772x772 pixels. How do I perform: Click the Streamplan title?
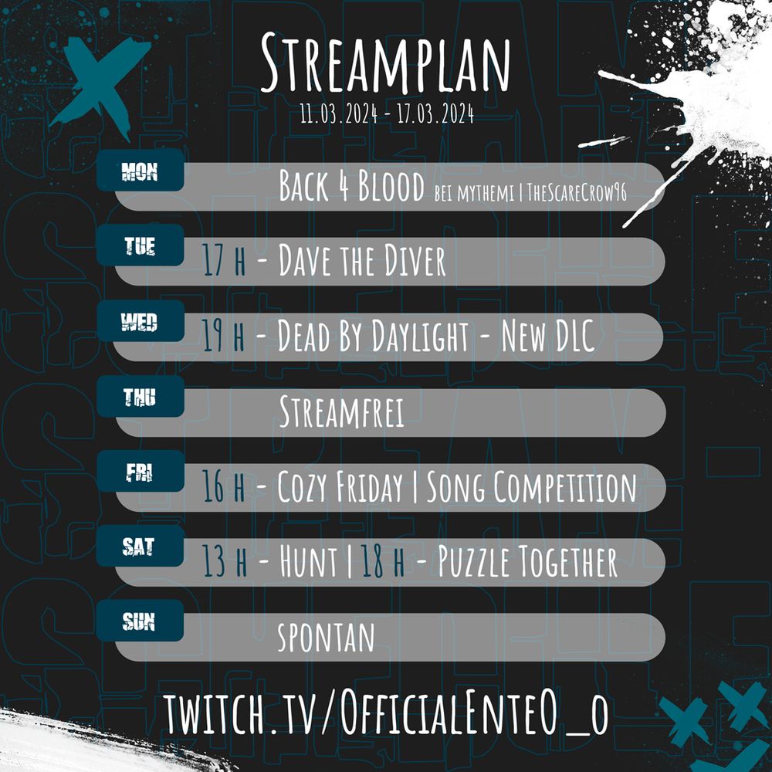coord(385,63)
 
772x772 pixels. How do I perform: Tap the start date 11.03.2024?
coord(339,116)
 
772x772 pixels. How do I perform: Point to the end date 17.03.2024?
coord(435,116)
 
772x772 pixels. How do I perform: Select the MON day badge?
coord(140,171)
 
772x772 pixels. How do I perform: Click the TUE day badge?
coord(140,246)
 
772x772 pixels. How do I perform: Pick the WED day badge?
coord(140,322)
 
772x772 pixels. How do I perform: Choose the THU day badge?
coord(140,398)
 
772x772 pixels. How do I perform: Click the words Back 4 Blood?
coord(351,187)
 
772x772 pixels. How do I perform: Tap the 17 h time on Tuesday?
coord(224,262)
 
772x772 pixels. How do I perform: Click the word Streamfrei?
coord(341,413)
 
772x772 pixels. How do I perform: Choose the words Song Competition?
coord(532,488)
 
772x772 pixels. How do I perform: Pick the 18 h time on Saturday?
coord(383,564)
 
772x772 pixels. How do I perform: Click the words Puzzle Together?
coord(528,564)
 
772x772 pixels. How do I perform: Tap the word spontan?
coord(326,638)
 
